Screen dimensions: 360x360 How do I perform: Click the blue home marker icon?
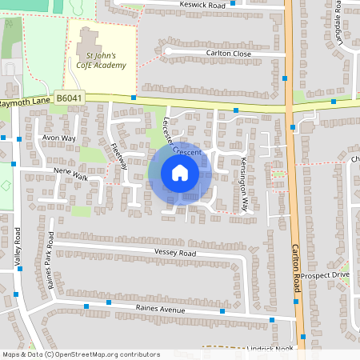[180, 173]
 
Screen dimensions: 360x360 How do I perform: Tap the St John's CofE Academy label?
[101, 60]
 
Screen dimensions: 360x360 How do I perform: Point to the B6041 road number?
[70, 98]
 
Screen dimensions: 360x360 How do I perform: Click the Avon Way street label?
[58, 138]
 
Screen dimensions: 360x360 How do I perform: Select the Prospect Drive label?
[326, 275]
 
